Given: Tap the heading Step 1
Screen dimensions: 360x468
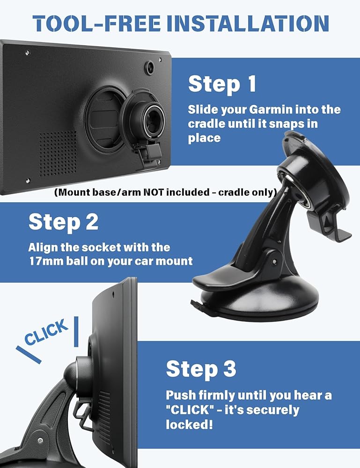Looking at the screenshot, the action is tap(222, 84).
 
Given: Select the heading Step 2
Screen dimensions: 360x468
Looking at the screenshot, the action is tap(63, 223).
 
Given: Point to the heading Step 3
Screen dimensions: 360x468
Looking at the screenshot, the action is tap(201, 369).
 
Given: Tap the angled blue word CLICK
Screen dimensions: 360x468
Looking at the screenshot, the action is tap(46, 332).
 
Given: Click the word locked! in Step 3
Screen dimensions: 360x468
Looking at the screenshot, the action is tap(190, 424).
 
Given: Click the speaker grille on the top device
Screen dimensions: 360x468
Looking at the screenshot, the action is tap(59, 153).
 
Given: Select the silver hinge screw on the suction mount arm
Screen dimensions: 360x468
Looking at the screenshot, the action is tap(274, 262).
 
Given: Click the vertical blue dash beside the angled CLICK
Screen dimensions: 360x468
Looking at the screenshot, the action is tap(76, 332).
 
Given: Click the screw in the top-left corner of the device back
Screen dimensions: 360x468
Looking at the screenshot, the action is tap(28, 53).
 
